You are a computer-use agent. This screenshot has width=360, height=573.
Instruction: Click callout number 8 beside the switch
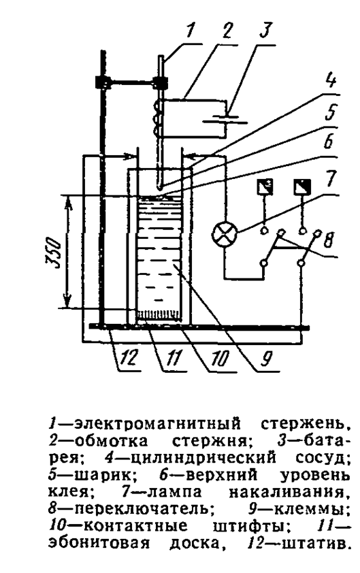click(329, 240)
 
